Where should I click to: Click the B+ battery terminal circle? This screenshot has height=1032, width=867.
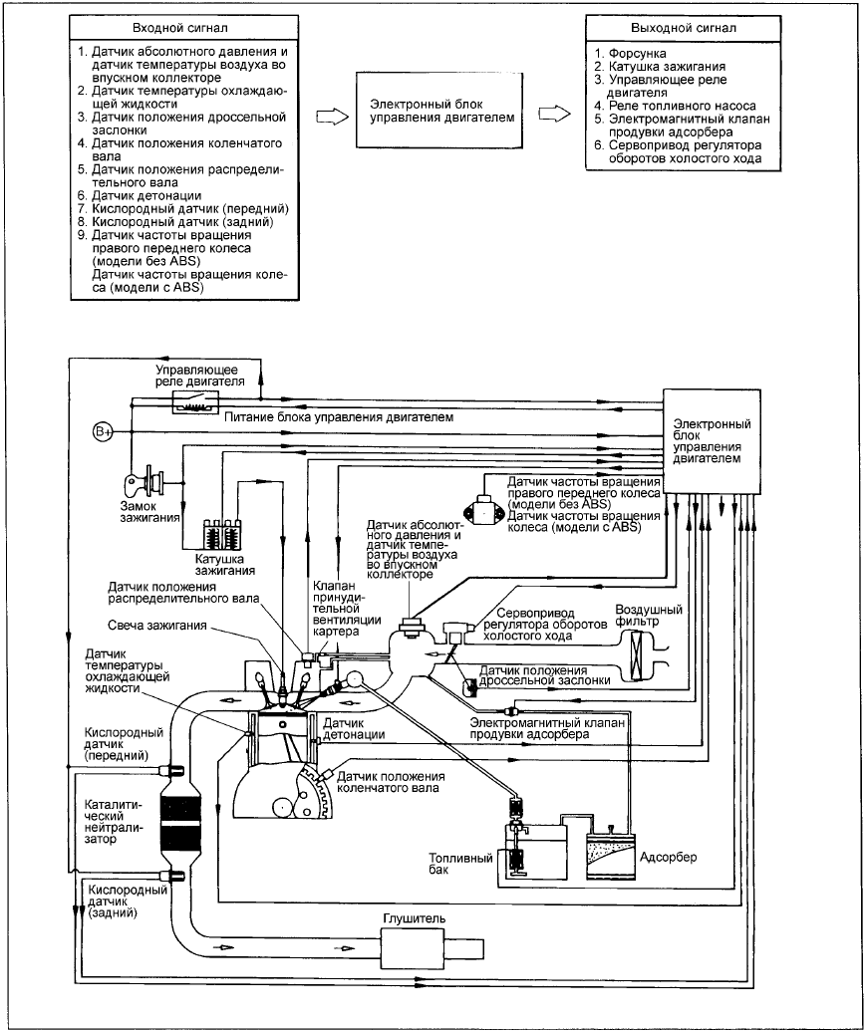[x=103, y=431]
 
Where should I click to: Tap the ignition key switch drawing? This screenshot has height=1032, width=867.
[x=144, y=482]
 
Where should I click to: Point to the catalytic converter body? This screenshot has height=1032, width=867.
[x=180, y=822]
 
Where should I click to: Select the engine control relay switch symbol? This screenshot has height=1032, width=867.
[x=195, y=401]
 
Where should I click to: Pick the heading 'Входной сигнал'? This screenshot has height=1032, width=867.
[x=180, y=28]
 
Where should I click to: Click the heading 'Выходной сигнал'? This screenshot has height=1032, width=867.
[x=684, y=28]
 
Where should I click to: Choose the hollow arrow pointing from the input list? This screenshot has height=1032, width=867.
[x=333, y=117]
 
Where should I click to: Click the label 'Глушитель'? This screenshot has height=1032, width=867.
[x=415, y=918]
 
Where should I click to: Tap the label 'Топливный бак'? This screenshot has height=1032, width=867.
[x=460, y=864]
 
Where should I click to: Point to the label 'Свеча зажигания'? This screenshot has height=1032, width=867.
[x=157, y=626]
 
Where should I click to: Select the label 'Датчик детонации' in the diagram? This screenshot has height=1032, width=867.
[x=354, y=728]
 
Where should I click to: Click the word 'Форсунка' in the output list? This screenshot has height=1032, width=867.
[x=637, y=54]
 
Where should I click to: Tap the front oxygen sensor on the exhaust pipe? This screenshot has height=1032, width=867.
[x=172, y=769]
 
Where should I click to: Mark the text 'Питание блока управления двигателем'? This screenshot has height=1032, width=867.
[x=339, y=416]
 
